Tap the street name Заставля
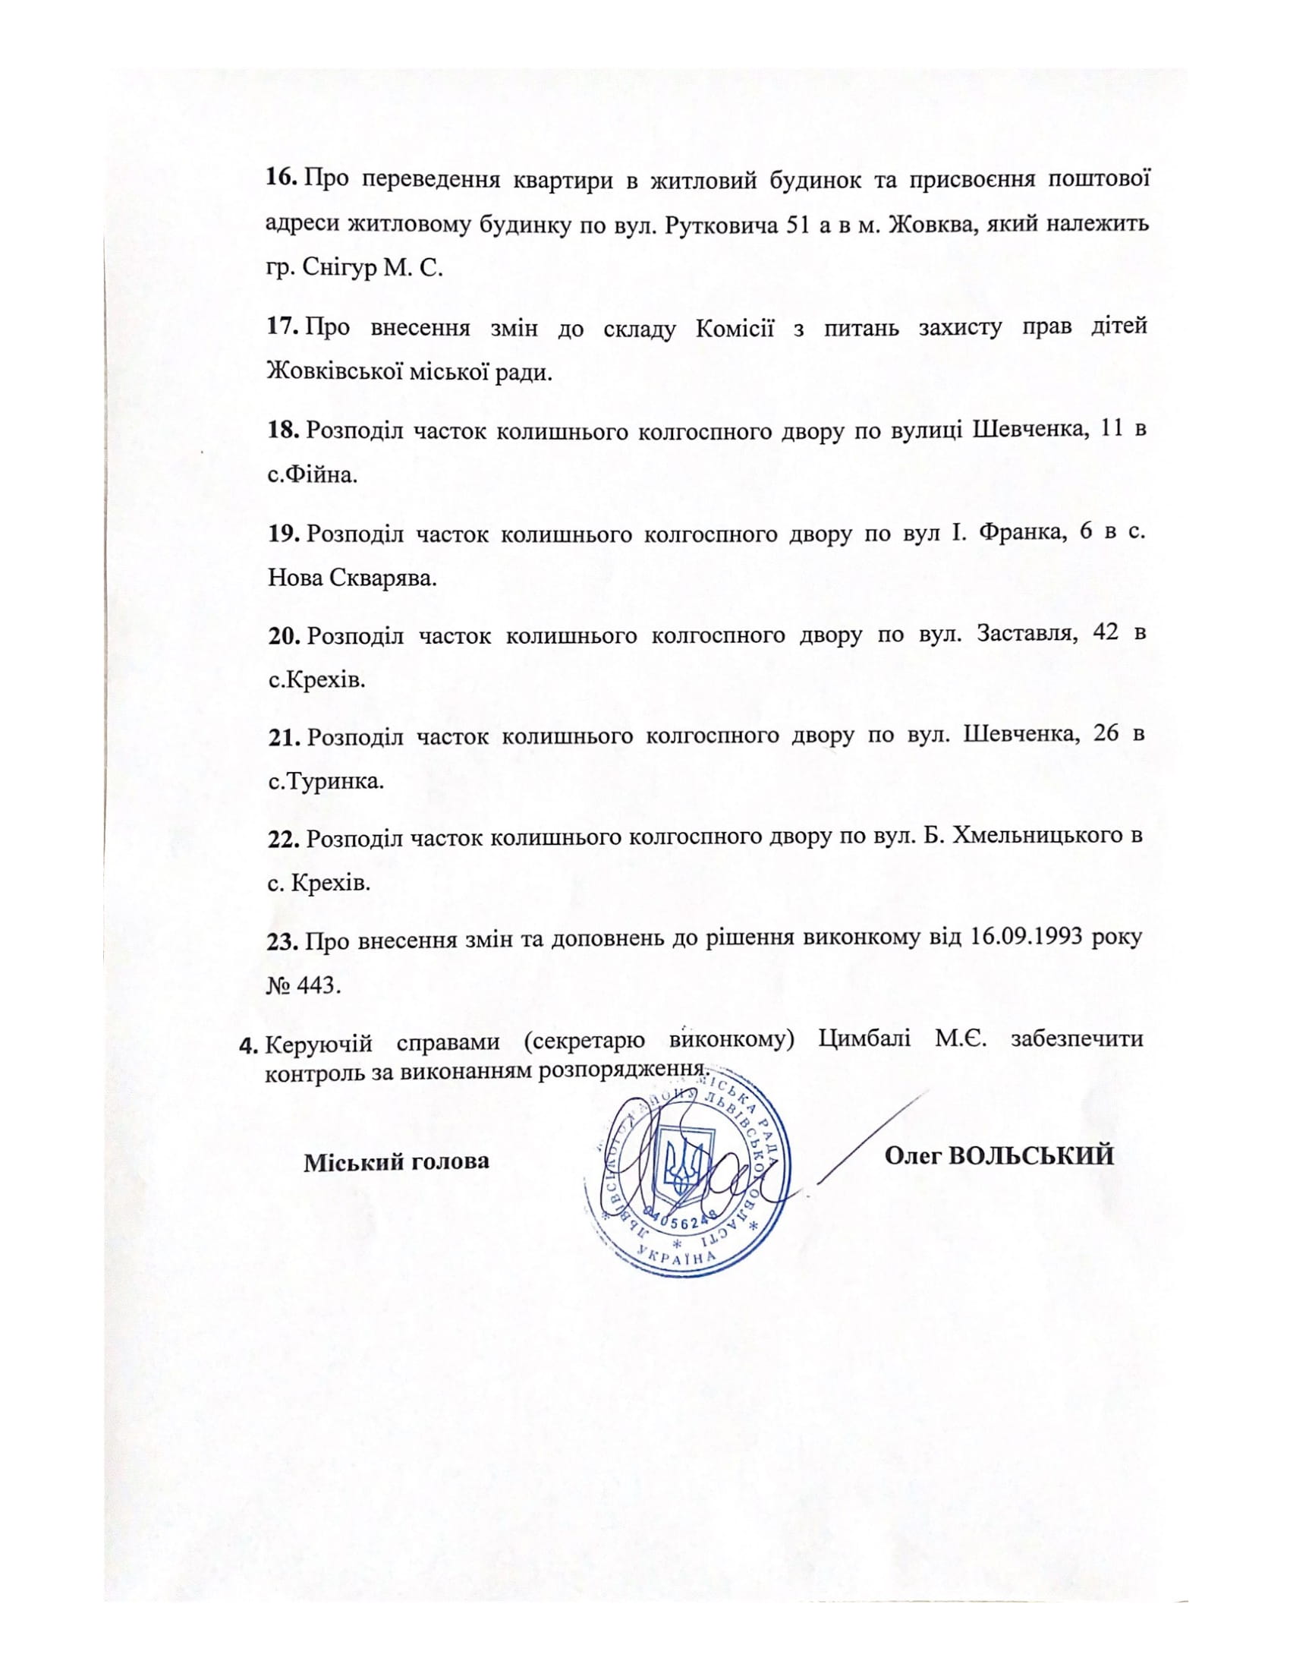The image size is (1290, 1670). [1023, 635]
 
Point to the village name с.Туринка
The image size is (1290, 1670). [326, 781]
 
